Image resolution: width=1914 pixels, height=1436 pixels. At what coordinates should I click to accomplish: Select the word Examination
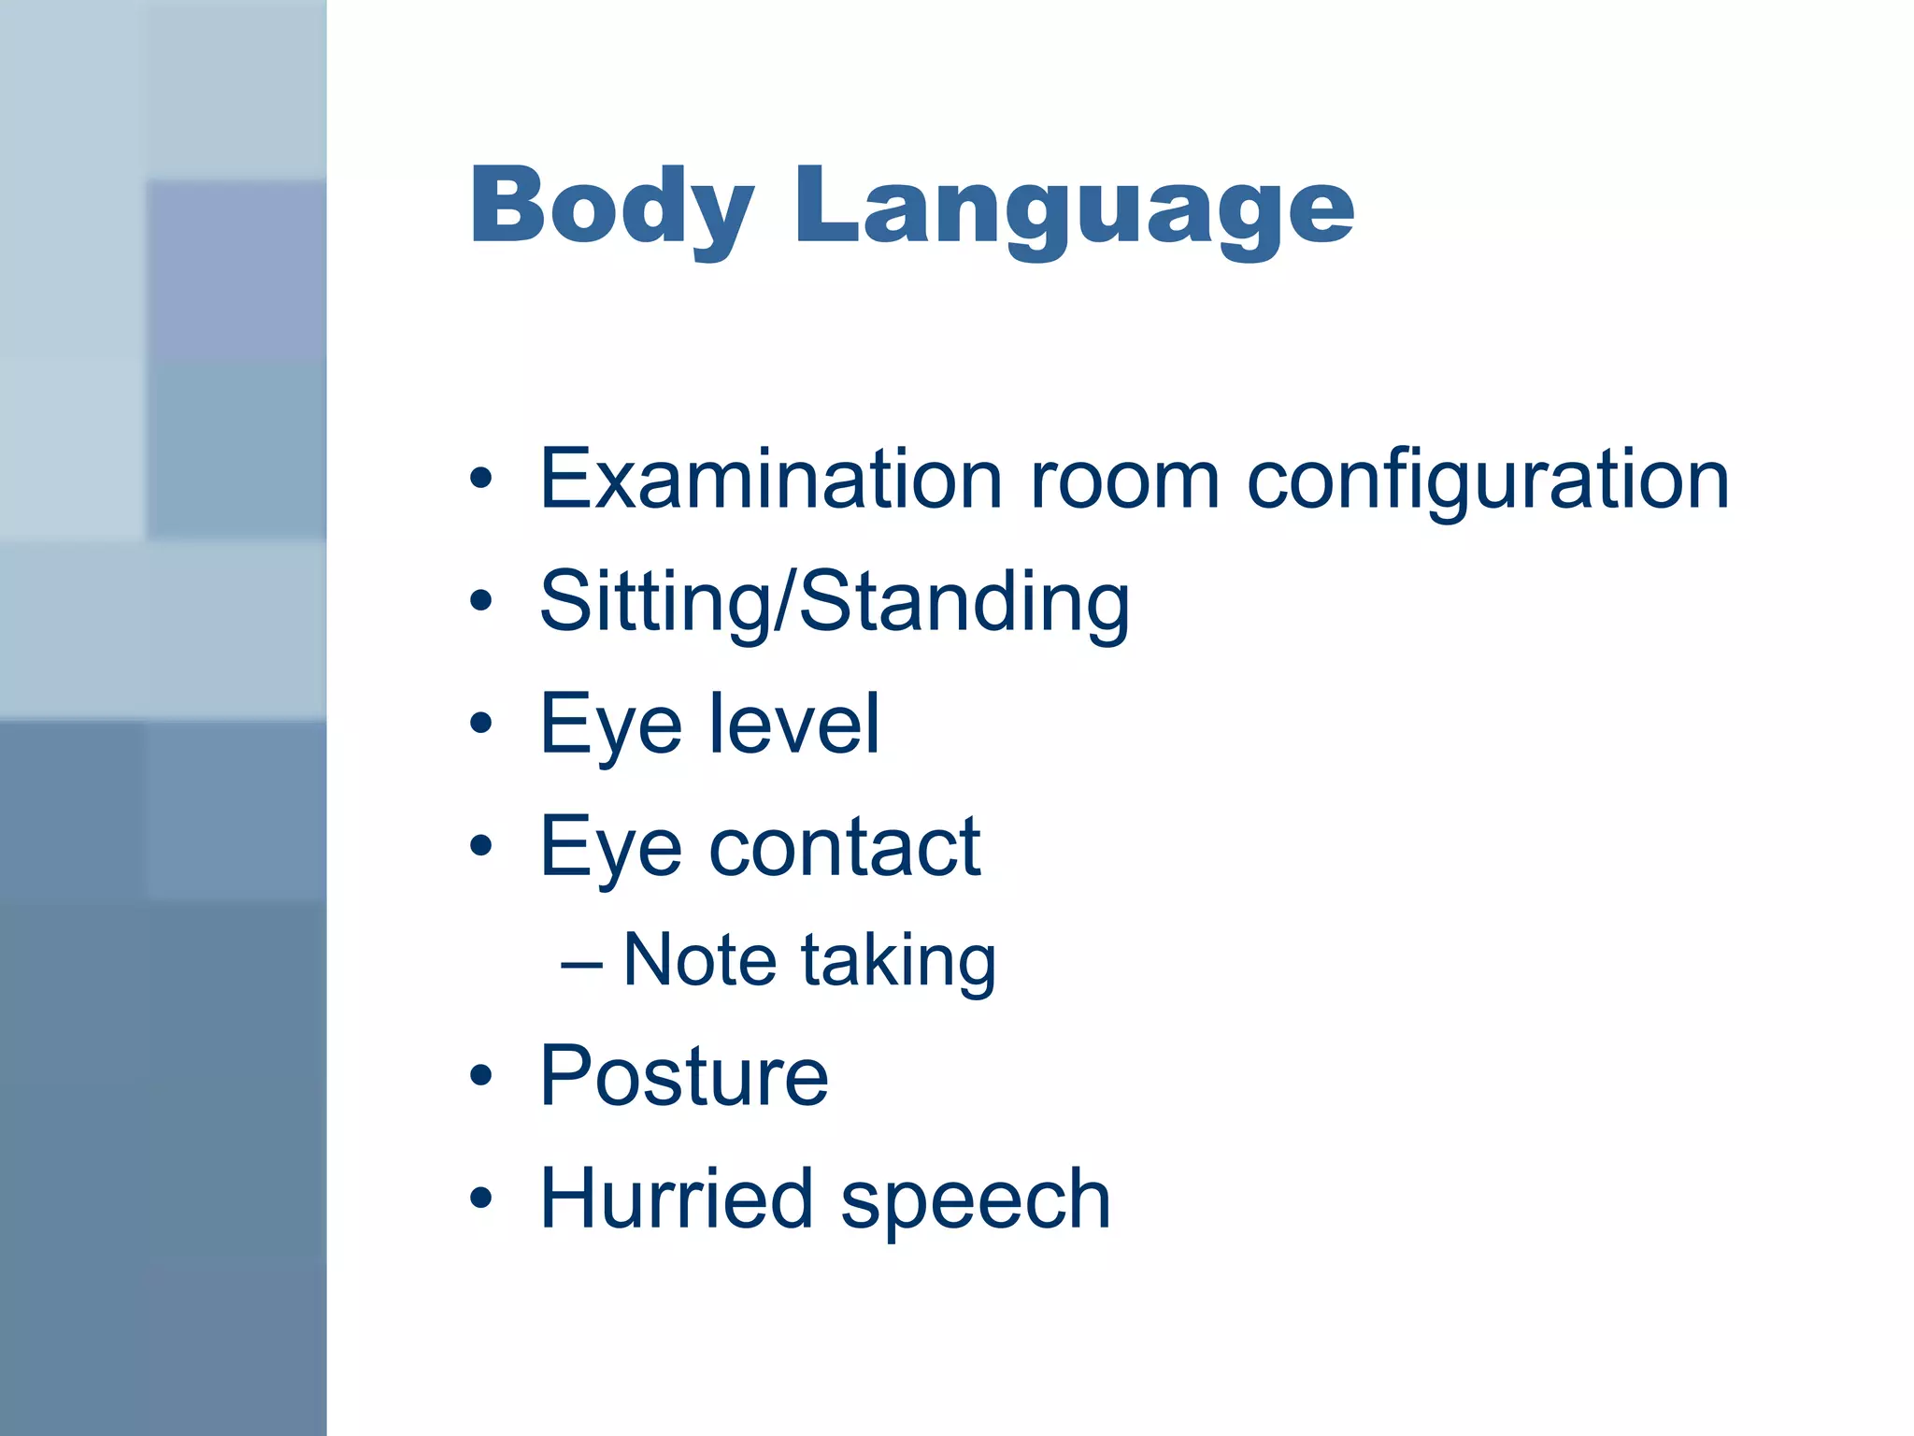771,480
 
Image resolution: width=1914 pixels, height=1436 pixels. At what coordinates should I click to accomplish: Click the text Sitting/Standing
835,603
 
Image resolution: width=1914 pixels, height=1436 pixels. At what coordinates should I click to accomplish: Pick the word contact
845,846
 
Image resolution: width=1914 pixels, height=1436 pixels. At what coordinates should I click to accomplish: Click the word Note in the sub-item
699,960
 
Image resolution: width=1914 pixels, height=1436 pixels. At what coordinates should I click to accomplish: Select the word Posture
684,1076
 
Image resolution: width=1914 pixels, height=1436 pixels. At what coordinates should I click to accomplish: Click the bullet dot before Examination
480,479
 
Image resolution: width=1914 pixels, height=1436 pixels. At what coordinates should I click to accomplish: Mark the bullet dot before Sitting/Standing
480,600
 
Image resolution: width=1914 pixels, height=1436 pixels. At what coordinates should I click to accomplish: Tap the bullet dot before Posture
480,1075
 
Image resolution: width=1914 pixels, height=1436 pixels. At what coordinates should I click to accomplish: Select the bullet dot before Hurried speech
480,1198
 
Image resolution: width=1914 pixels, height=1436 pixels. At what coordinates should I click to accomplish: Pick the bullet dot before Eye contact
480,846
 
